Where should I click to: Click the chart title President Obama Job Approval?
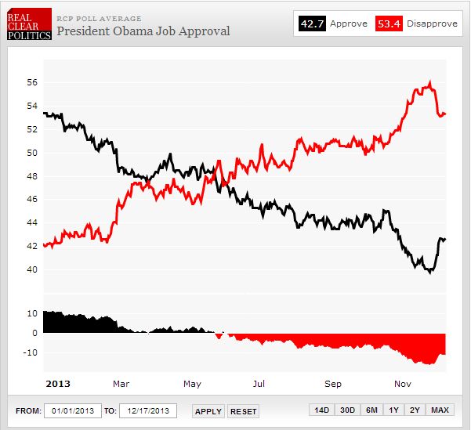pyautogui.click(x=143, y=31)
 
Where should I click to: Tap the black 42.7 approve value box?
pyautogui.click(x=312, y=24)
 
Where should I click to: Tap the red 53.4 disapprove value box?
pyautogui.click(x=388, y=24)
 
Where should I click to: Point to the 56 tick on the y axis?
pyautogui.click(x=32, y=82)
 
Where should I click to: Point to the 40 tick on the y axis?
pyautogui.click(x=32, y=269)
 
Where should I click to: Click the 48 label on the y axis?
pyautogui.click(x=32, y=176)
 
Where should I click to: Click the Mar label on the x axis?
pyautogui.click(x=121, y=384)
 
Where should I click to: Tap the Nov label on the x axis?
pyautogui.click(x=403, y=384)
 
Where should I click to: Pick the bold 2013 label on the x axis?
pyautogui.click(x=59, y=384)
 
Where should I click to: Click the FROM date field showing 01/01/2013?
pyautogui.click(x=72, y=410)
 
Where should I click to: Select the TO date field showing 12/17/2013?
pyautogui.click(x=147, y=410)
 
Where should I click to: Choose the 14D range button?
pyautogui.click(x=321, y=410)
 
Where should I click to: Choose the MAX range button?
pyautogui.click(x=440, y=410)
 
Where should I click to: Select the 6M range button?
pyautogui.click(x=371, y=410)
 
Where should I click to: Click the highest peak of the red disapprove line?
pyautogui.click(x=429, y=81)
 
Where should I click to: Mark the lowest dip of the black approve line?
pyautogui.click(x=429, y=272)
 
